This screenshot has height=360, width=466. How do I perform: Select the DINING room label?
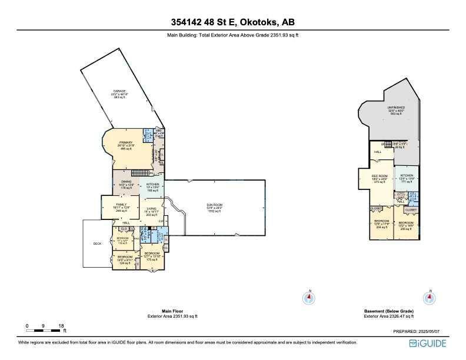tap(126, 182)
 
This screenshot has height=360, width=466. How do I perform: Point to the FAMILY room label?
tap(122, 204)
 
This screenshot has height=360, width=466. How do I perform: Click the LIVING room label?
tap(152, 209)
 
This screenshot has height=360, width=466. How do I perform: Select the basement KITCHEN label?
tap(407, 176)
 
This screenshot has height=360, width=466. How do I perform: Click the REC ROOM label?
tap(378, 176)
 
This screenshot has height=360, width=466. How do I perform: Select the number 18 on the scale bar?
tap(61, 325)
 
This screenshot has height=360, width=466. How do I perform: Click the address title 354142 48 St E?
tap(232, 23)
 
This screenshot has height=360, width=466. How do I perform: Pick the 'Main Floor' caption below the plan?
tap(172, 312)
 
